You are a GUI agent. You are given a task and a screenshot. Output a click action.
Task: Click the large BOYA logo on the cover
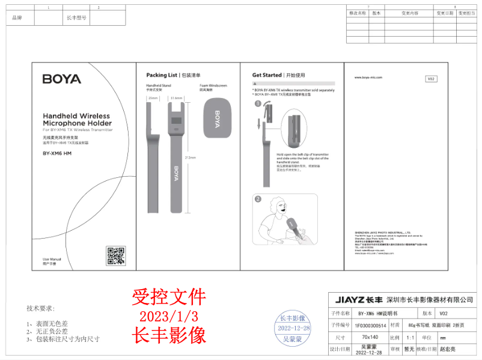coord(61,79)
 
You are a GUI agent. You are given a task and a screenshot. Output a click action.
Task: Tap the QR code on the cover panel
coord(115,255)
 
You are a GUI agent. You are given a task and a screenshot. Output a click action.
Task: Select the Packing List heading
coord(162,75)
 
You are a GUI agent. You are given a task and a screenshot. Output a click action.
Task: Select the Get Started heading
coord(267,75)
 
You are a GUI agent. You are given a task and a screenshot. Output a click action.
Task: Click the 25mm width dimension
coord(153,97)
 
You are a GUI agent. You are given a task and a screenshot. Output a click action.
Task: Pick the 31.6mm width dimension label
coord(177,97)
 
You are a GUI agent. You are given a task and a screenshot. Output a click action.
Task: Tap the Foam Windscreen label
coord(213,86)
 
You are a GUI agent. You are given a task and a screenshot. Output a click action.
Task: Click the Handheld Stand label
coord(159,86)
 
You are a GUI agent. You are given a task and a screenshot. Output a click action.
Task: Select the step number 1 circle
coord(258,103)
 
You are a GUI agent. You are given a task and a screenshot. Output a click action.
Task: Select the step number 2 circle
coord(258,199)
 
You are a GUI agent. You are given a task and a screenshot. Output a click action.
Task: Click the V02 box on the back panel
coord(431,79)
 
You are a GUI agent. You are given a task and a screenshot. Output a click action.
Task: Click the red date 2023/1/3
coord(168,316)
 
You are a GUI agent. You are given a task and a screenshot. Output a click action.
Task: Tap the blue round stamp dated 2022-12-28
coord(293,328)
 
